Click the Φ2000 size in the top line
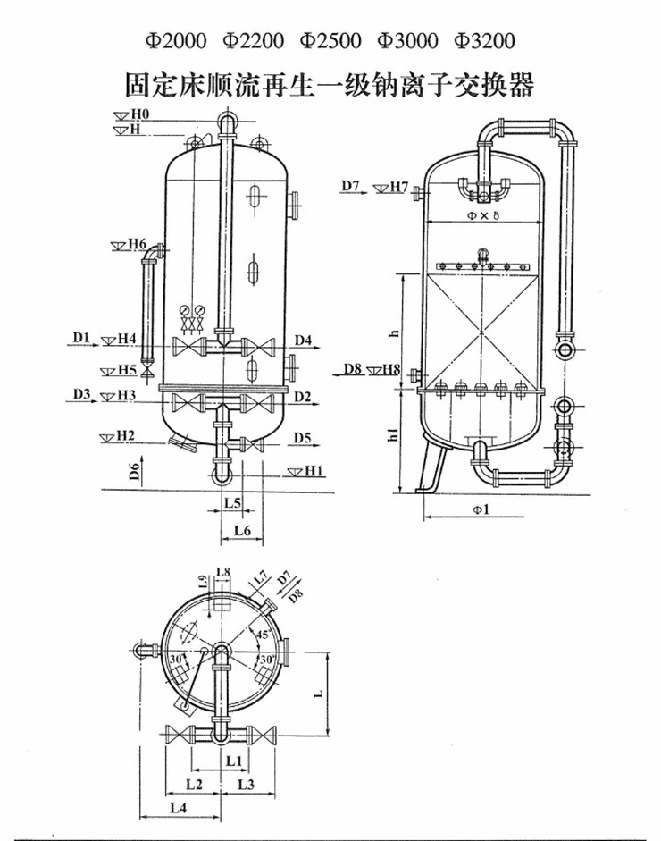point(176,41)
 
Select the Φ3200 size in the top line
point(484,41)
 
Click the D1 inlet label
point(81,337)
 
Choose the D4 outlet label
point(303,340)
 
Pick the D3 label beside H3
point(82,394)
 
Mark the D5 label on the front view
point(302,438)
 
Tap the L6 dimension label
point(243,530)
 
